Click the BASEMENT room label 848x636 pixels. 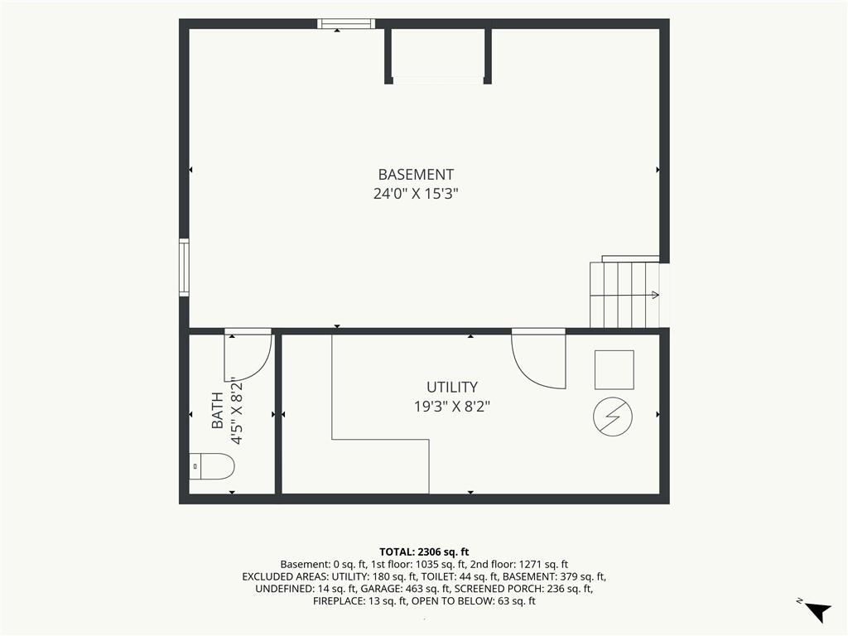click(416, 175)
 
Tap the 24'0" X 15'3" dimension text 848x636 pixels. click(416, 194)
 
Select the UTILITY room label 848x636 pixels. click(452, 388)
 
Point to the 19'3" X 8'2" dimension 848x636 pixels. click(452, 406)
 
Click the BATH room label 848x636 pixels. click(218, 411)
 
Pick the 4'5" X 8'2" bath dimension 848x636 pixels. click(236, 411)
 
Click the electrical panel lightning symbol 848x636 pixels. click(613, 417)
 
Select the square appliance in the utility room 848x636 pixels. click(614, 370)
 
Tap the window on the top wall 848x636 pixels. click(346, 24)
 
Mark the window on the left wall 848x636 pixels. click(185, 267)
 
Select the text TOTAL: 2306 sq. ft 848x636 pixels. click(424, 552)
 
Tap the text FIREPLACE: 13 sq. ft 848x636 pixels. click(360, 601)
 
